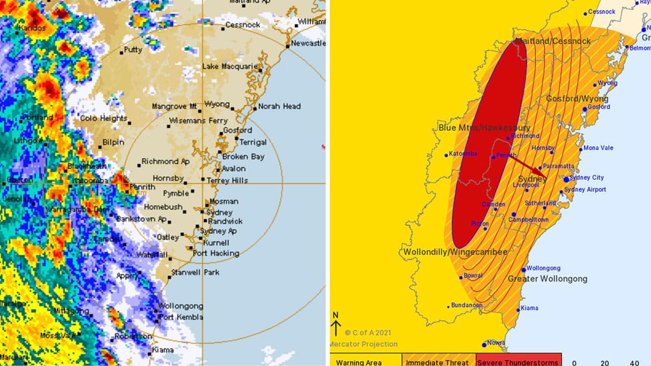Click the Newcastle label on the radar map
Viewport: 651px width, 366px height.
point(308,43)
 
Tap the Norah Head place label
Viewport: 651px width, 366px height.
point(279,106)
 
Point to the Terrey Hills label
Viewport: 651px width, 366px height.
point(227,181)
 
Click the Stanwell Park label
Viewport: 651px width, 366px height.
point(195,272)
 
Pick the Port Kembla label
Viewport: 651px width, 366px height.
point(181,317)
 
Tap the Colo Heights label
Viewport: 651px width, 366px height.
point(104,118)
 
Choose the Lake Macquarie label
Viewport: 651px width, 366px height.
point(230,66)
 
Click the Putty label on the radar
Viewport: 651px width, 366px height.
point(133,50)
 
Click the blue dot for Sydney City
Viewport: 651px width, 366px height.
point(566,179)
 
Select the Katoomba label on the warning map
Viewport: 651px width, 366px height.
point(464,154)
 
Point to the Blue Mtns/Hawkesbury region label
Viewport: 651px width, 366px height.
point(476,128)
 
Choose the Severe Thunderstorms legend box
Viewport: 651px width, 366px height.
point(519,362)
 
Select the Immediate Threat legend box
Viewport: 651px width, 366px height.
point(439,362)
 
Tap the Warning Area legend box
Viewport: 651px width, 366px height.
point(359,362)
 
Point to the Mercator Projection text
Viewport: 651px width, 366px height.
point(363,344)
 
